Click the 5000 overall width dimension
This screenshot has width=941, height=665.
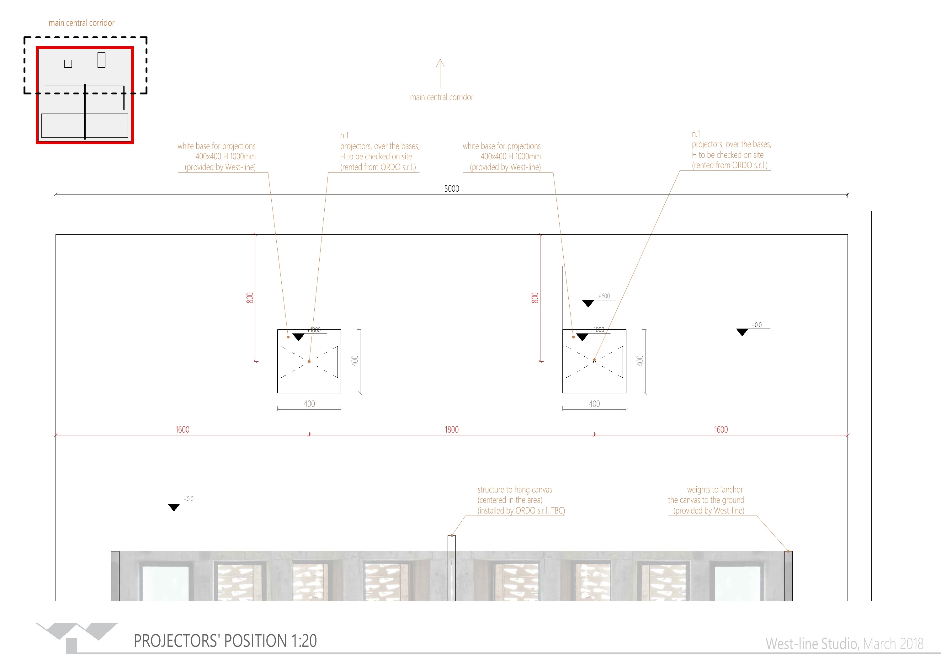tap(452, 189)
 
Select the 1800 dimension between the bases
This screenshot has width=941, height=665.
tap(452, 429)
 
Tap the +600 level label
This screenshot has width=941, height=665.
tap(604, 296)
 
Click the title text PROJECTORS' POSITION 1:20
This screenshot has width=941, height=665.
tap(226, 641)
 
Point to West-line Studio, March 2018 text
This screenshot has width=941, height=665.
tap(845, 644)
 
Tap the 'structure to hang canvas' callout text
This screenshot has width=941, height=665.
tap(521, 500)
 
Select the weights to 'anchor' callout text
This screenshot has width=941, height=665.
tap(706, 500)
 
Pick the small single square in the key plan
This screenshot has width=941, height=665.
tap(68, 63)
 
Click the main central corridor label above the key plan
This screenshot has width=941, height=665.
tap(82, 23)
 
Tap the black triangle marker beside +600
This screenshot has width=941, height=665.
tap(588, 304)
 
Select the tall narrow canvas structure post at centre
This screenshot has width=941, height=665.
tap(452, 568)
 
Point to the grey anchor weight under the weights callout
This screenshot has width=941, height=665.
tap(788, 576)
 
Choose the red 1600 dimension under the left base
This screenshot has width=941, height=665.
tap(182, 429)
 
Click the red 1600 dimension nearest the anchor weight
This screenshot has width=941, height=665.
tap(721, 429)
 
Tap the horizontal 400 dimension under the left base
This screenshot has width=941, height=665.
tap(309, 404)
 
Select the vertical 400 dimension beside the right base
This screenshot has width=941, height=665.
tap(640, 361)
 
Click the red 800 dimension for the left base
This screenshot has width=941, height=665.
tap(250, 298)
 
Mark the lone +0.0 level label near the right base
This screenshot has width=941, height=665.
tap(756, 325)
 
